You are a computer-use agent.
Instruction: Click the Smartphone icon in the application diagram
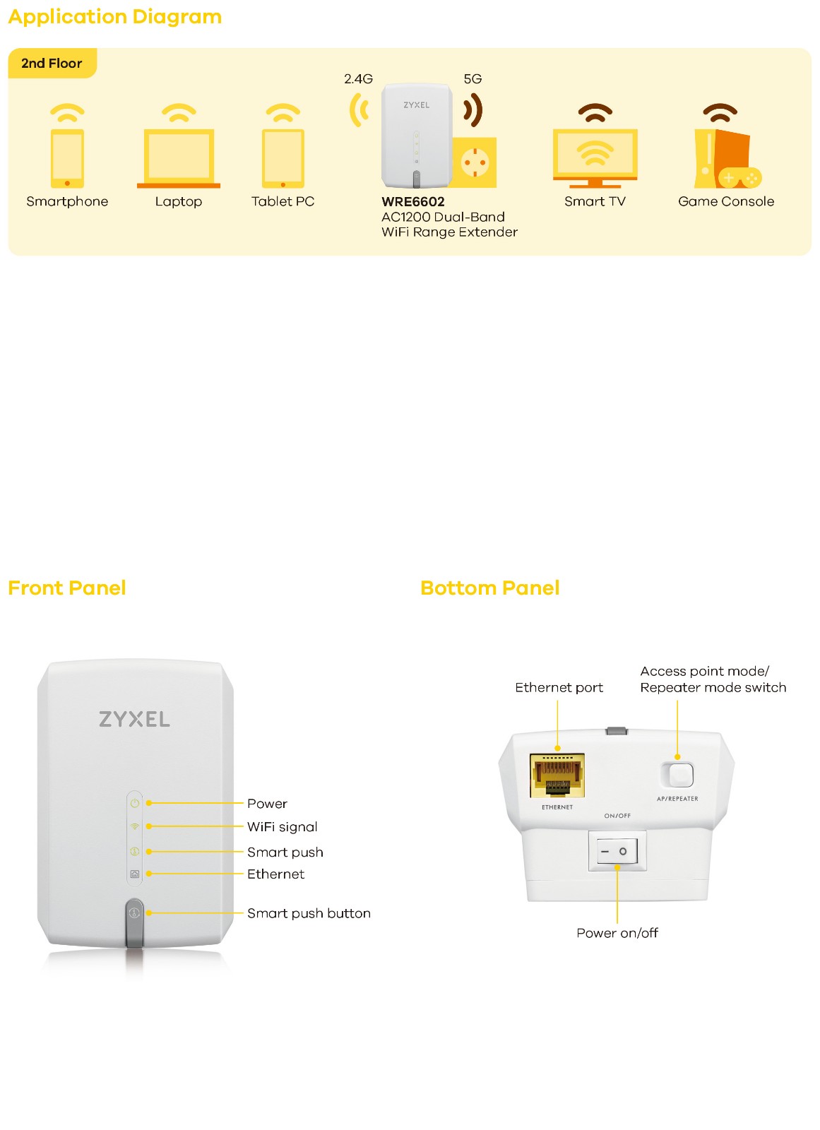pyautogui.click(x=67, y=157)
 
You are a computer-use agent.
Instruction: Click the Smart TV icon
pyautogui.click(x=595, y=157)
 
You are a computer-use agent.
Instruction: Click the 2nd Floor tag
pyautogui.click(x=52, y=64)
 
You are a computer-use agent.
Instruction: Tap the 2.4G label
pyautogui.click(x=358, y=79)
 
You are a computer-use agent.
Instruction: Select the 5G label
pyautogui.click(x=473, y=79)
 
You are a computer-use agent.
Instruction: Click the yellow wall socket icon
pyautogui.click(x=475, y=163)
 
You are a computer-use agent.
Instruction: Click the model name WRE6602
pyautogui.click(x=413, y=202)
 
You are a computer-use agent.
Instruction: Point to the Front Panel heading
pyautogui.click(x=67, y=588)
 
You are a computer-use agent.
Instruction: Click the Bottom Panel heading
pyautogui.click(x=489, y=588)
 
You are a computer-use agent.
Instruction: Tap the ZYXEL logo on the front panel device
pyautogui.click(x=134, y=720)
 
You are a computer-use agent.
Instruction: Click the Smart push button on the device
pyautogui.click(x=134, y=913)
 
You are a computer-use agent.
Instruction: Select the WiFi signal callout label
pyautogui.click(x=282, y=827)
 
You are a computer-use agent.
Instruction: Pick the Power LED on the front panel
pyautogui.click(x=135, y=804)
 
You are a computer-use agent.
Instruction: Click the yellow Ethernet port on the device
pyautogui.click(x=557, y=775)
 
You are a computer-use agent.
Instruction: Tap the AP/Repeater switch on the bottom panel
pyautogui.click(x=678, y=775)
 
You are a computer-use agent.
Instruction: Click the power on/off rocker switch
pyautogui.click(x=617, y=851)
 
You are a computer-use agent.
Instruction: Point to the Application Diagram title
pyautogui.click(x=115, y=17)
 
